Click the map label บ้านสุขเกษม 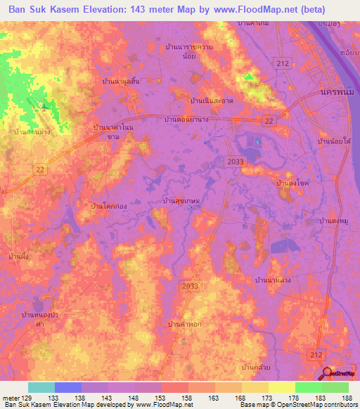181,202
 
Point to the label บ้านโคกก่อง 108,206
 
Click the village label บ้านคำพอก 185,324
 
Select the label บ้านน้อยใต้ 335,142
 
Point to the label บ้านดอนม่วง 31,131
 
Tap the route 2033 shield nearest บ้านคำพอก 190,285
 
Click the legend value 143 124,398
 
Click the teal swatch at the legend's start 41,387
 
